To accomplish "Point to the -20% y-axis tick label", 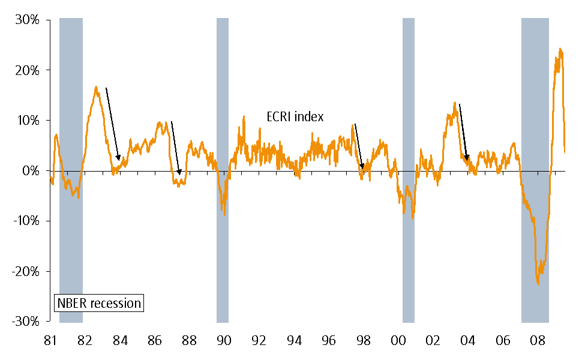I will (26, 271).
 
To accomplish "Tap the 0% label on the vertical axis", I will (31, 171).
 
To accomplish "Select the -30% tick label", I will (26, 322).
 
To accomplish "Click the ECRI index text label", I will (295, 117).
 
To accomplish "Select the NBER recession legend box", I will (99, 303).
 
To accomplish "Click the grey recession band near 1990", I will (223, 90).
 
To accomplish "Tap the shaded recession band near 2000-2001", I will (409, 90).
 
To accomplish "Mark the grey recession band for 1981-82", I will (71, 90).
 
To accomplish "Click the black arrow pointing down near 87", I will (175, 148).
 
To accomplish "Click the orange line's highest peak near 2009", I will (560, 49).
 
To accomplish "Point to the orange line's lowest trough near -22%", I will (538, 283).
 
